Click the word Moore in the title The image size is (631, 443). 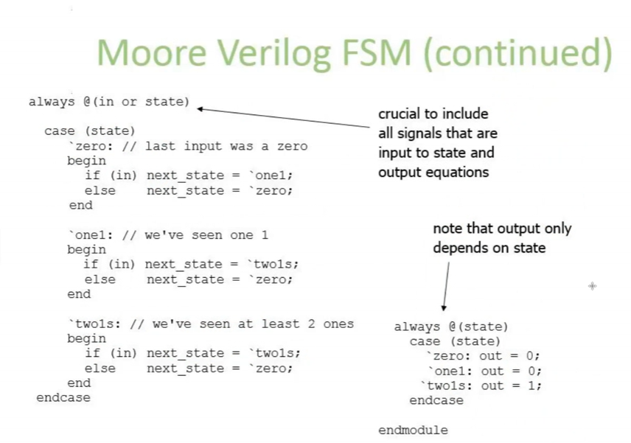coord(152,53)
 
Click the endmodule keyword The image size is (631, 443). coord(413,430)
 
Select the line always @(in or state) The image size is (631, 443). coord(108,102)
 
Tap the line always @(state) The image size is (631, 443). coord(450,327)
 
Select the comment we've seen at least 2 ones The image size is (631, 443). coord(253,324)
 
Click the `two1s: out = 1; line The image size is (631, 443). coord(481,386)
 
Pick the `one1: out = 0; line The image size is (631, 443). coord(484,371)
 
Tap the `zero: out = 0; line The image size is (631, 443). coord(483,356)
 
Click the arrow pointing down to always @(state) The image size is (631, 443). coord(446,287)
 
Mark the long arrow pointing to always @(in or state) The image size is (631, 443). coord(283,118)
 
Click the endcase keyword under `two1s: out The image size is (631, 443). coord(436,400)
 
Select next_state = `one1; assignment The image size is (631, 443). coord(220,176)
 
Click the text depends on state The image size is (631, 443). coord(489,248)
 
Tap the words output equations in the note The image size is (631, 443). coord(433,172)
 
